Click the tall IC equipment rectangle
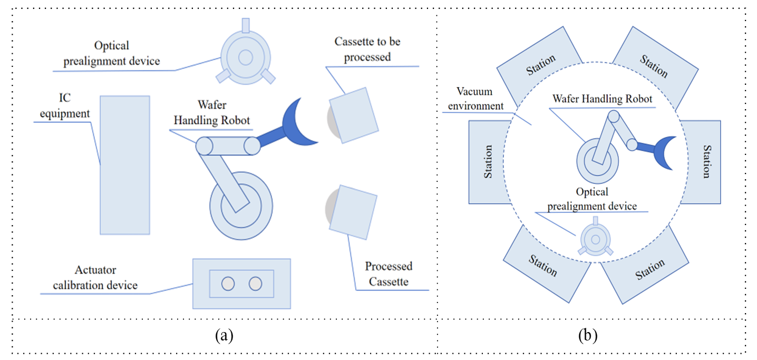125,165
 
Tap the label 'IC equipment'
65,105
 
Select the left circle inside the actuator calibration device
228,284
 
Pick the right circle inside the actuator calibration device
255,284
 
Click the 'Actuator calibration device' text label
95,278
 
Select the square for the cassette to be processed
354,115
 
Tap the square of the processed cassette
353,212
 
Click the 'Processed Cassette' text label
389,274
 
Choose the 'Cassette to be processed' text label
367,49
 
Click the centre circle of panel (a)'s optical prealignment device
246,57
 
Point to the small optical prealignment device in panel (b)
596,239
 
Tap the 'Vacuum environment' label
475,99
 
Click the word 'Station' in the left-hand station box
488,162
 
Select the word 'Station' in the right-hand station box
707,162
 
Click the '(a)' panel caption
224,335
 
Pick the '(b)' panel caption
588,335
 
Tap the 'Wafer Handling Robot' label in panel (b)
602,99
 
